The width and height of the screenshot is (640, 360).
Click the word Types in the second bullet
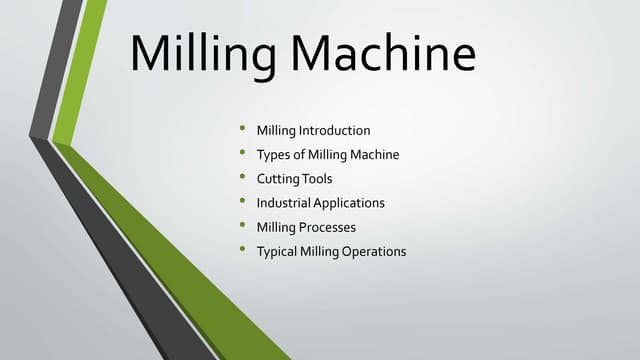click(273, 154)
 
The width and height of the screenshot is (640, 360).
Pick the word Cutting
click(277, 178)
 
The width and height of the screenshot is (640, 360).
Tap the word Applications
click(349, 203)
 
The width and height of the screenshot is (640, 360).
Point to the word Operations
click(374, 251)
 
